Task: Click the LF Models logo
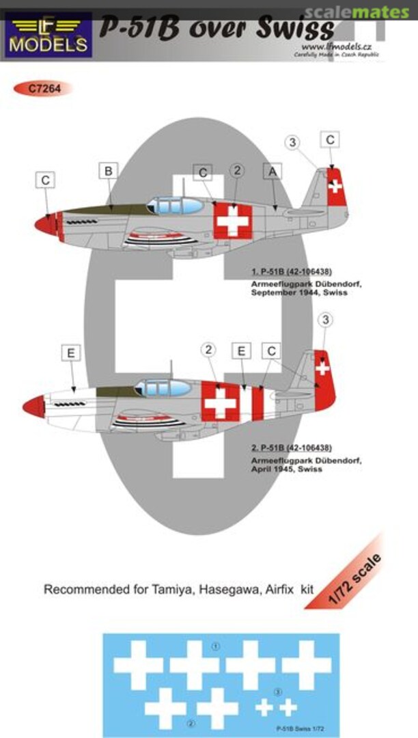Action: [48, 34]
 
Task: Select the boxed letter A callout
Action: [273, 173]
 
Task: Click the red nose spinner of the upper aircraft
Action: [47, 224]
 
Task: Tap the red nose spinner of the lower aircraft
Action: [33, 407]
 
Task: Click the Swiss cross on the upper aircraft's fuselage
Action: [233, 222]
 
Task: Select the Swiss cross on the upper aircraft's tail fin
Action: [335, 185]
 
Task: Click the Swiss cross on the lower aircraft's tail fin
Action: [322, 368]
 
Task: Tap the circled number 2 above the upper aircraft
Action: [237, 171]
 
